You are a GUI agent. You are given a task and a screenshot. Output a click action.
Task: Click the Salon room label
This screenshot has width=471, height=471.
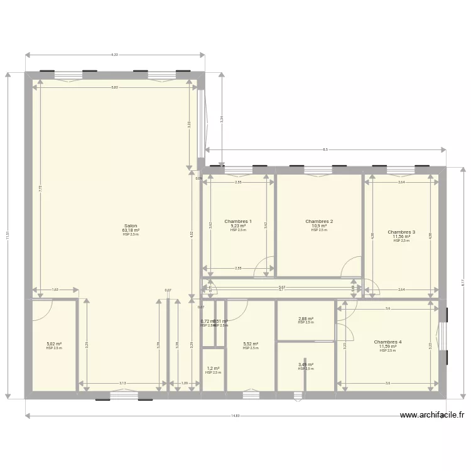pos(131,225)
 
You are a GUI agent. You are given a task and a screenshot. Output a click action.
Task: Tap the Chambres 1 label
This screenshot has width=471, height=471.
pos(238,222)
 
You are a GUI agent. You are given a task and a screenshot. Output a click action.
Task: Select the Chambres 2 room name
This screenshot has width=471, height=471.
pos(319,222)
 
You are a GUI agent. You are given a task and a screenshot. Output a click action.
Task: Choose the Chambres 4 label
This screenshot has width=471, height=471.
pos(387,342)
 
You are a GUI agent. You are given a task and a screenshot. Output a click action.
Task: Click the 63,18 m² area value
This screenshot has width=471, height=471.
pos(131,230)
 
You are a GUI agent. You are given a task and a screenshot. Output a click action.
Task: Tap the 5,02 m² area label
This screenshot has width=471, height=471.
pos(54,344)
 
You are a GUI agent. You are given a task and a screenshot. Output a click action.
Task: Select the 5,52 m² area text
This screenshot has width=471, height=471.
pos(251,344)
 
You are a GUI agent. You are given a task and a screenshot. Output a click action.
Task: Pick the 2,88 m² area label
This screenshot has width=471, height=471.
pos(306,318)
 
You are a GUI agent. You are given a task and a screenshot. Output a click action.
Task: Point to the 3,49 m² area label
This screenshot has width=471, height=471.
pos(306,365)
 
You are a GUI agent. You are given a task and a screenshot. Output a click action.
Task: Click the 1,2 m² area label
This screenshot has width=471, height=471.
pos(213,369)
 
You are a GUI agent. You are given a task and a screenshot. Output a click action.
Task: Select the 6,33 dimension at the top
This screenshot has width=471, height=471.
pos(114,55)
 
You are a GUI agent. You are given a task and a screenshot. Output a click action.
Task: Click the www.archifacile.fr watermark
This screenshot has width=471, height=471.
pos(431,414)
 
